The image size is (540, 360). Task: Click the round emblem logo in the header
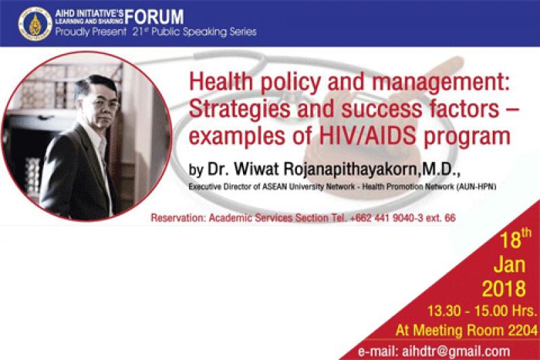click(x=35, y=24)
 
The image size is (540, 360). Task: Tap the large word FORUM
click(x=154, y=16)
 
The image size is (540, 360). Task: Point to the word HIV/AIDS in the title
click(x=367, y=136)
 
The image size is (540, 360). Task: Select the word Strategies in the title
click(x=240, y=109)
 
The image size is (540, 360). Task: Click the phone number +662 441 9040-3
click(x=386, y=217)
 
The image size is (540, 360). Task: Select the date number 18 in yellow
click(x=510, y=240)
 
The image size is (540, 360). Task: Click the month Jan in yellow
click(x=510, y=265)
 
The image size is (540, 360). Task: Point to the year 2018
click(x=504, y=288)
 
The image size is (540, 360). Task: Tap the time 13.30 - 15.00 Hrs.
click(x=482, y=311)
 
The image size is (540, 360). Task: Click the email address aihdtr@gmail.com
click(x=456, y=352)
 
